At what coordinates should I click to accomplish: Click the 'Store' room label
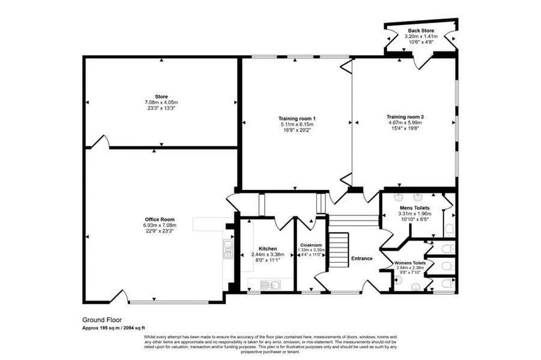tap(161, 96)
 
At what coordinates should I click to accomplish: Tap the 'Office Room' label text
tap(160, 219)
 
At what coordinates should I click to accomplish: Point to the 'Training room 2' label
tap(405, 116)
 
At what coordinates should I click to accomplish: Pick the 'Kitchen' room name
tap(267, 249)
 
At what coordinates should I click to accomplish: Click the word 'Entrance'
tap(361, 258)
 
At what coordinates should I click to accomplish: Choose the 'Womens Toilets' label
tap(410, 263)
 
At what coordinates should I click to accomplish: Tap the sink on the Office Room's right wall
tap(227, 248)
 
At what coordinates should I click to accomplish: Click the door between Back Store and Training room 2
tap(421, 60)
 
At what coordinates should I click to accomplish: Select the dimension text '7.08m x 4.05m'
tap(161, 102)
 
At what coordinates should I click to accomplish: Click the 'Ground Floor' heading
tap(102, 320)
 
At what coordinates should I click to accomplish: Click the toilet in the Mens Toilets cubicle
tap(449, 229)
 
